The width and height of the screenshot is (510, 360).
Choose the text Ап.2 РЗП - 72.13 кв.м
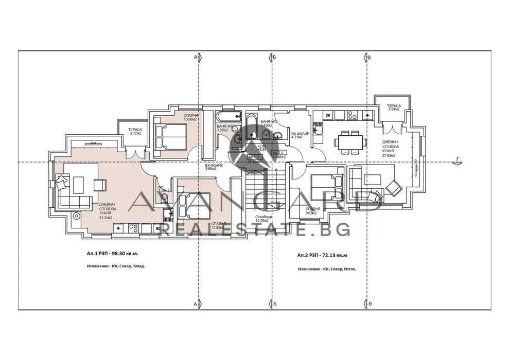322,255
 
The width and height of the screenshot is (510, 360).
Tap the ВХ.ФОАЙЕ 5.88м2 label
214,167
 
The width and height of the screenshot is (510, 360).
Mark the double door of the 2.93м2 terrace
394,127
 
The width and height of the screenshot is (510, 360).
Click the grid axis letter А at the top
195,57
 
